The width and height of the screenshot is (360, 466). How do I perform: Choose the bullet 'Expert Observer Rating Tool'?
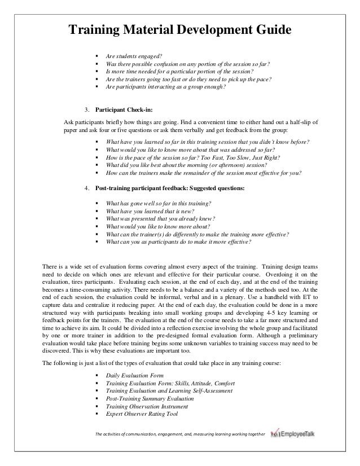pos(142,414)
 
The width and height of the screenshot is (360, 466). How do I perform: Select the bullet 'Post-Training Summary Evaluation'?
pos(149,398)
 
